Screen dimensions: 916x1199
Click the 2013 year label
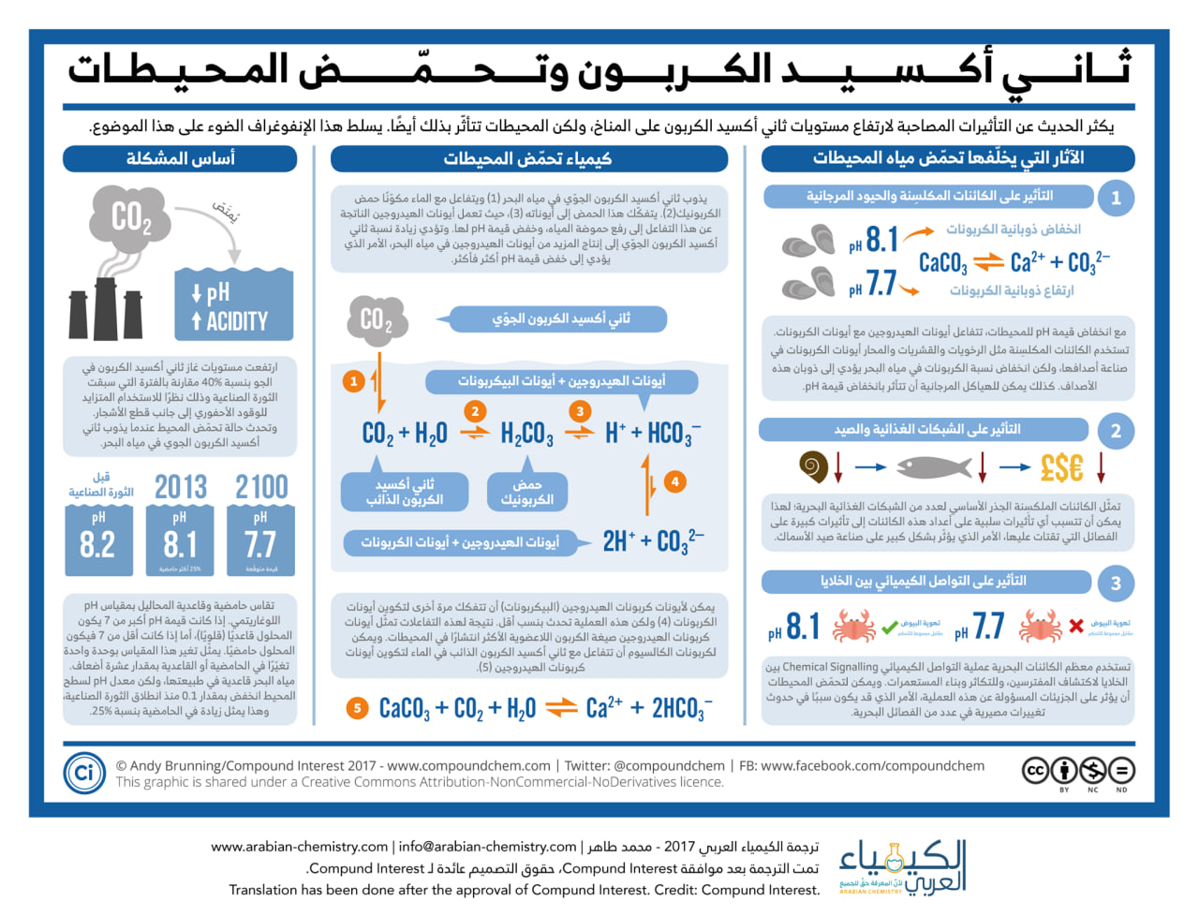[x=180, y=487]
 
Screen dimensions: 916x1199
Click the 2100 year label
[x=261, y=487]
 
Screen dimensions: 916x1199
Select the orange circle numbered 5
[x=357, y=708]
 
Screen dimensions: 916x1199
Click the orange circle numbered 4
[x=674, y=481]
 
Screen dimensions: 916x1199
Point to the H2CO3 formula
[x=526, y=434]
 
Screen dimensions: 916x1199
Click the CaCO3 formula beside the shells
[x=942, y=262]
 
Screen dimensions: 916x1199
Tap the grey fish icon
[x=934, y=466]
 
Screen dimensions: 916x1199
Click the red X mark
[x=1076, y=626]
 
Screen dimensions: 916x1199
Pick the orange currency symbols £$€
[x=1061, y=467]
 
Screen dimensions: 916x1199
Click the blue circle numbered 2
[x=1116, y=431]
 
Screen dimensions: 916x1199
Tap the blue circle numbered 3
[x=1116, y=584]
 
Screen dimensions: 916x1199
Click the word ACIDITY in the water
[x=237, y=321]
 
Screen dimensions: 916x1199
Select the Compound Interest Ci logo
[x=83, y=773]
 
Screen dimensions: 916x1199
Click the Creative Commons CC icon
[x=1035, y=771]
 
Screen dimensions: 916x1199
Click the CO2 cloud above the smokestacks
[x=131, y=218]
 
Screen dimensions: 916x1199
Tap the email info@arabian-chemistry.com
[x=487, y=847]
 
